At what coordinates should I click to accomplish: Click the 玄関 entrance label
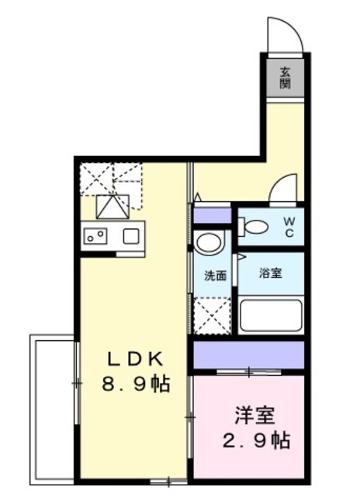coord(286,76)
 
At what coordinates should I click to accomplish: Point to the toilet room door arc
coord(283,188)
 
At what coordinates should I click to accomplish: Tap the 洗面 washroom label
coord(215,275)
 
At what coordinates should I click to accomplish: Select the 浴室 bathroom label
coord(271,274)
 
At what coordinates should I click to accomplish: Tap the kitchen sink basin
coord(129,235)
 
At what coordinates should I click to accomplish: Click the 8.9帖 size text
coord(134,384)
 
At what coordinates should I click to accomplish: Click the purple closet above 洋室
coord(247,355)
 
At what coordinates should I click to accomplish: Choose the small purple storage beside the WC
coord(212,214)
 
